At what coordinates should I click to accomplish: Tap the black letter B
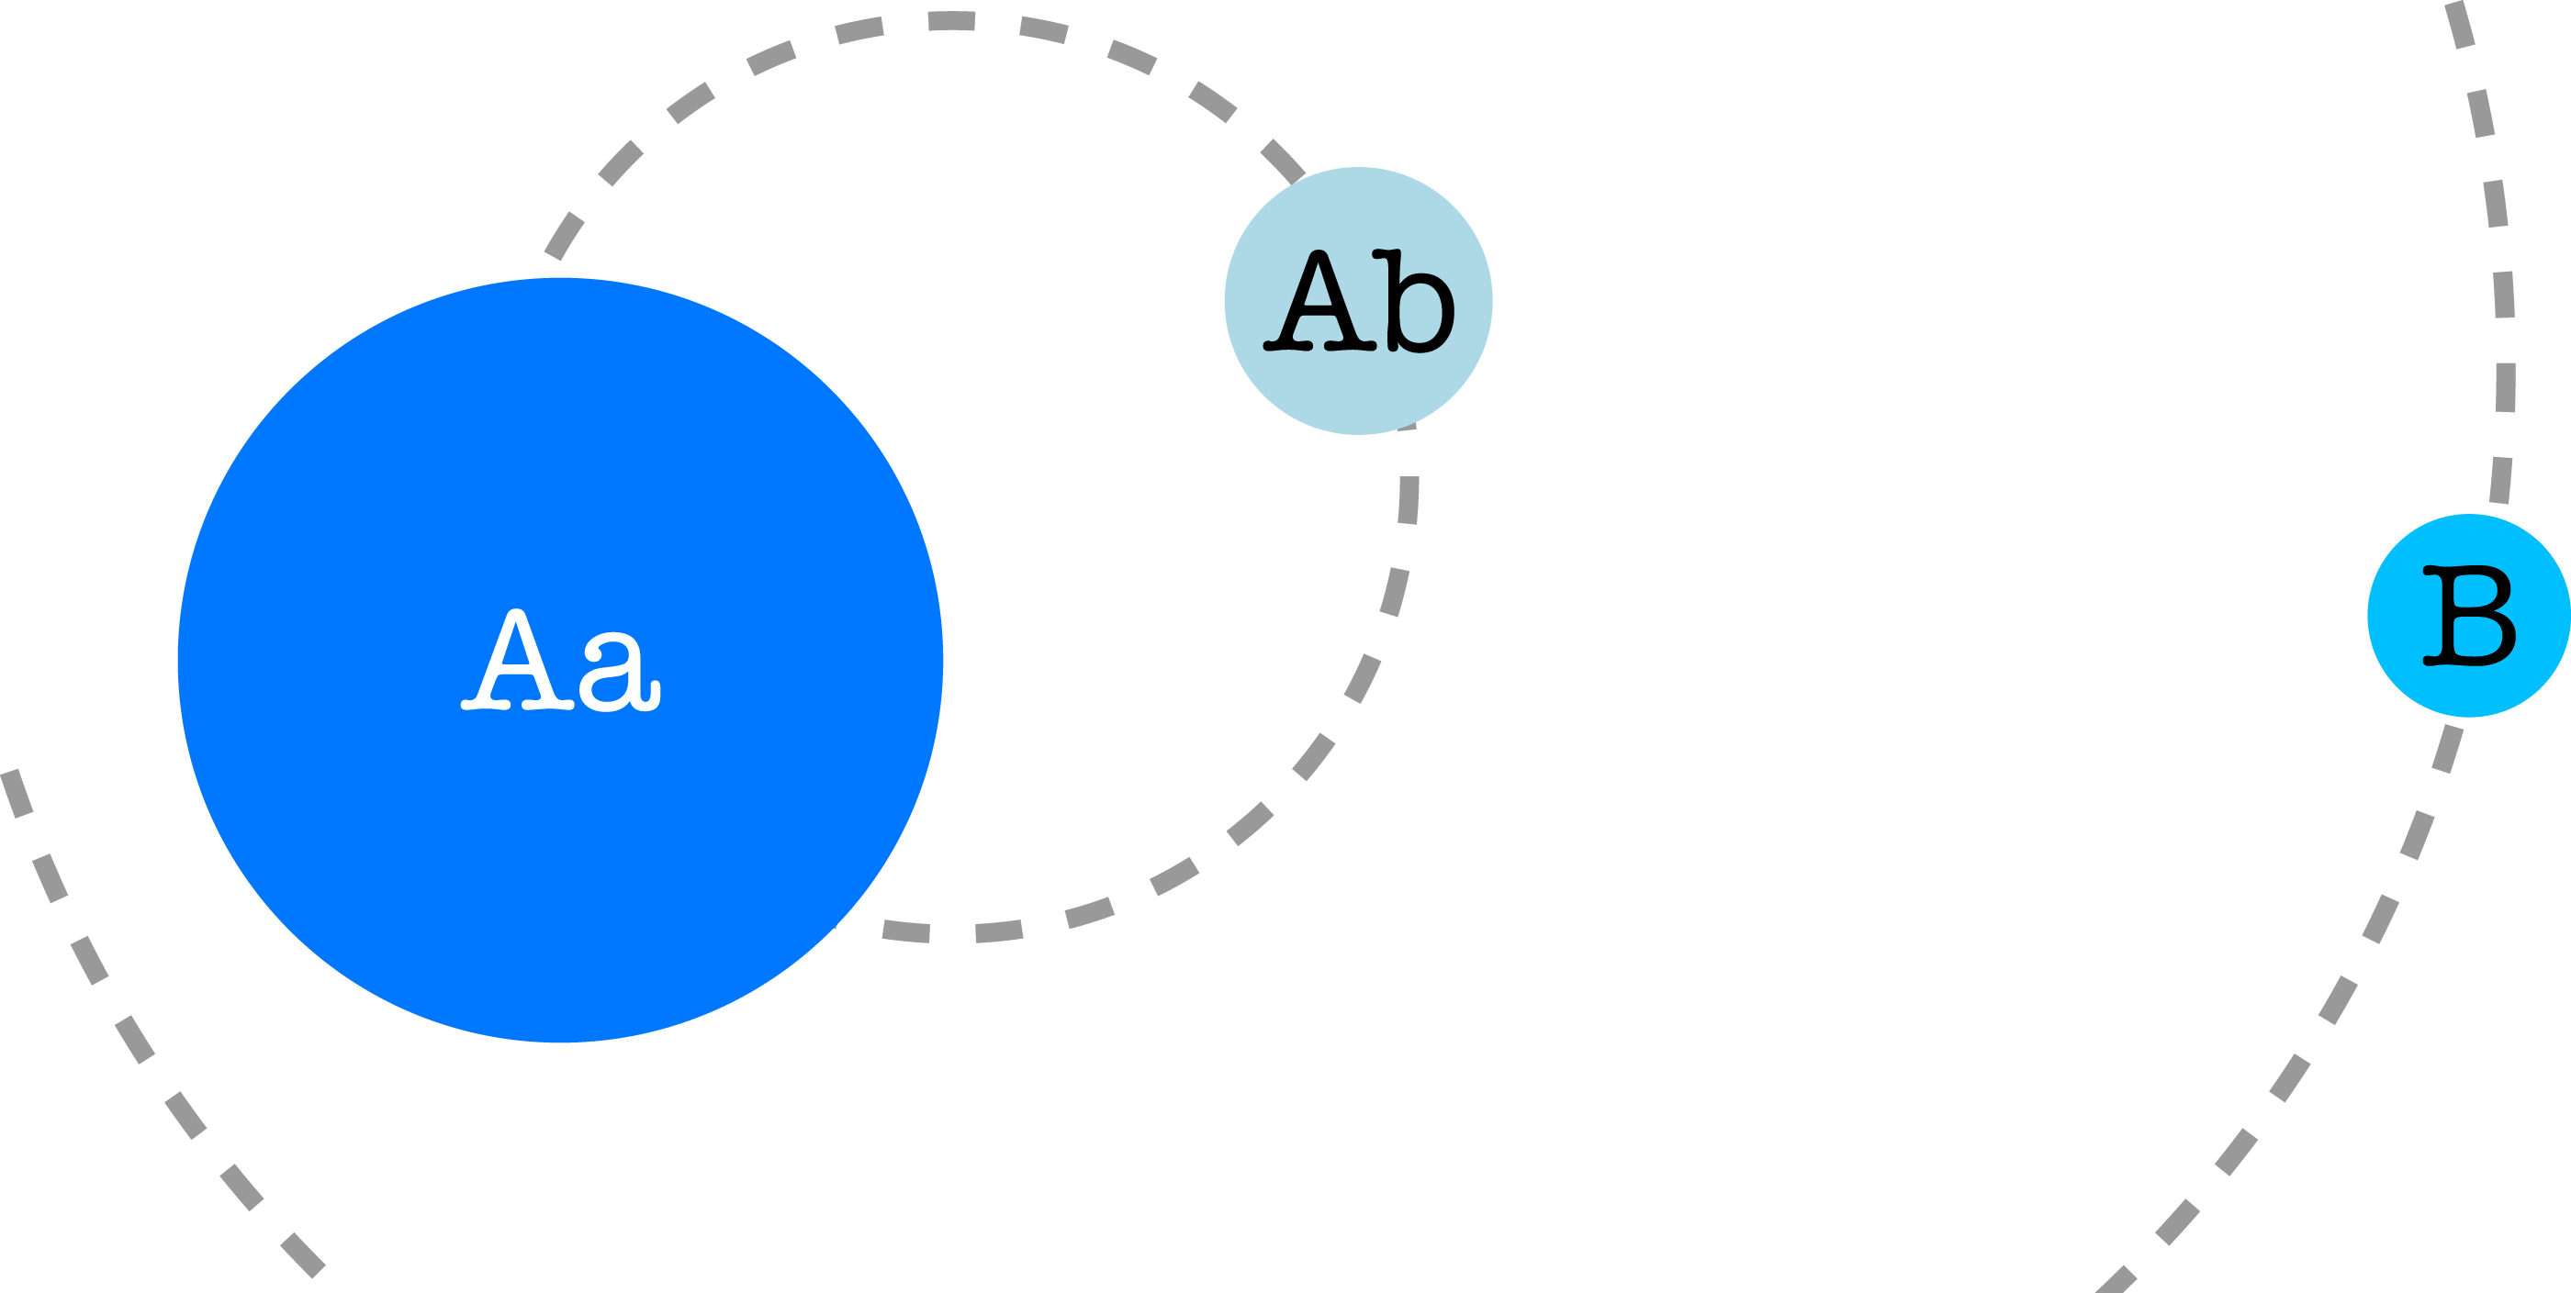[2469, 616]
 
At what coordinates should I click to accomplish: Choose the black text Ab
[1358, 301]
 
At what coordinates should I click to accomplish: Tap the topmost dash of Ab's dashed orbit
[951, 21]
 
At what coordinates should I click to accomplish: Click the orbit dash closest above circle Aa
[564, 236]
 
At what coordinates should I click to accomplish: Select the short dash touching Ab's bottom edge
[1408, 427]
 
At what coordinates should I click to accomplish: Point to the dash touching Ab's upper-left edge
[1284, 162]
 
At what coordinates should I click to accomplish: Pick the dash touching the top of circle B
[2500, 480]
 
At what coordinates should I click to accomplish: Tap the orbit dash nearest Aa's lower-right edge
[906, 931]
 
